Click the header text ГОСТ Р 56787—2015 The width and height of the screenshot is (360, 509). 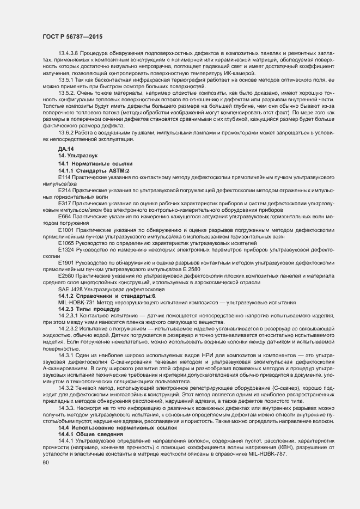coord(72,36)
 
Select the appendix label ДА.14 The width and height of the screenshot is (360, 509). coord(66,149)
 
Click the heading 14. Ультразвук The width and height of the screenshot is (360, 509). coord(78,156)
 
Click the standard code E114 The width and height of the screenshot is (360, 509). coord(64,177)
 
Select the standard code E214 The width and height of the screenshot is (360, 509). coord(64,191)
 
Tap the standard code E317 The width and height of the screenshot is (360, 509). coord(64,203)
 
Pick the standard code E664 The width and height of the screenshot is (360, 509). coord(64,216)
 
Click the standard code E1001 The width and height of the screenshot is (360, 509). coord(66,230)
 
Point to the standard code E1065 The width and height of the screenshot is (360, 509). coord(66,243)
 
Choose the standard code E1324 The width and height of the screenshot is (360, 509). coord(66,249)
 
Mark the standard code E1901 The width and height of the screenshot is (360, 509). coord(66,262)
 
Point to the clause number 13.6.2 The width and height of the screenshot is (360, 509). coord(65,133)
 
